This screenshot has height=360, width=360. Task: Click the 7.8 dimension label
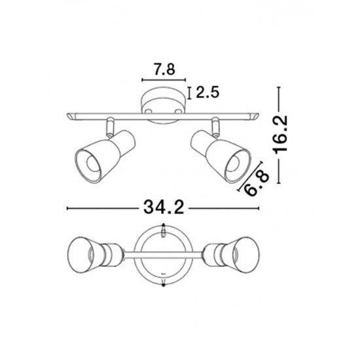[x=164, y=69]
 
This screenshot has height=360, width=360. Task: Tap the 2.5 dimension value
[x=207, y=92]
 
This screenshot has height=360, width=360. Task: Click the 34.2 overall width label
[x=164, y=207]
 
